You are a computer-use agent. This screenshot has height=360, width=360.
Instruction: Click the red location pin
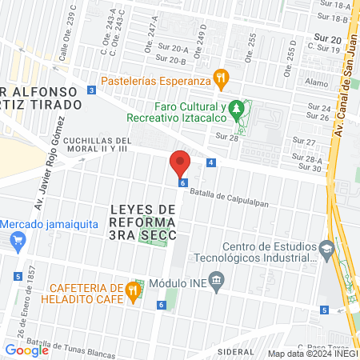tap(180, 164)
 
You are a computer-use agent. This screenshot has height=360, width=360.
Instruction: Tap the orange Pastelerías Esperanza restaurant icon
tap(222, 79)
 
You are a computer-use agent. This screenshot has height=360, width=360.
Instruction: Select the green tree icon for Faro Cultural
tap(235, 107)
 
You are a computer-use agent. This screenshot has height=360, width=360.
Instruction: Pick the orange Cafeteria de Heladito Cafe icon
tap(134, 293)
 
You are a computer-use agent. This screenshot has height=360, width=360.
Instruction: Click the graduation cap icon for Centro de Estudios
tap(326, 250)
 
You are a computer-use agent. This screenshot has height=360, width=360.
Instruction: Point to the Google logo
tap(26, 350)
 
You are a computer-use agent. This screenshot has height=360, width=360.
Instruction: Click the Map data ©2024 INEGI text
tap(312, 354)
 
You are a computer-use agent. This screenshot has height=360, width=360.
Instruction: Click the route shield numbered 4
tap(210, 162)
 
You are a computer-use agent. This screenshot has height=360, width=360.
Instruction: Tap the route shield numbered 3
tap(92, 90)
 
